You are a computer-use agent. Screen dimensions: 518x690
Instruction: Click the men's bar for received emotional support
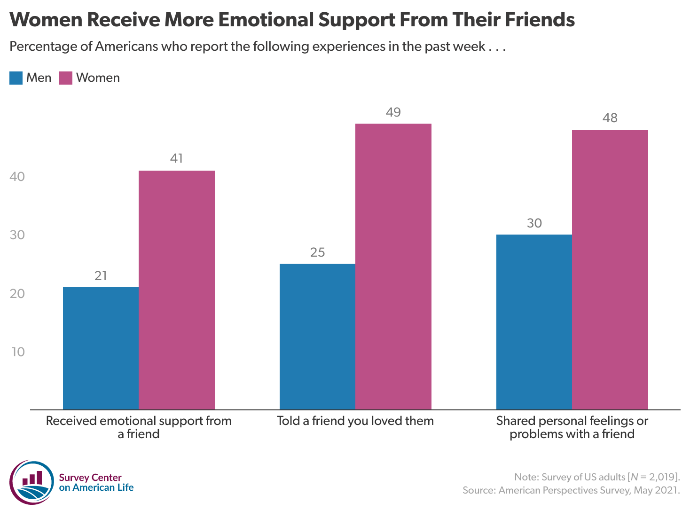click(101, 348)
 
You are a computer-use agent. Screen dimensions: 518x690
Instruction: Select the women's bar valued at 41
click(177, 290)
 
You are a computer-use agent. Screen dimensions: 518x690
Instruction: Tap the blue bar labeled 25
click(317, 336)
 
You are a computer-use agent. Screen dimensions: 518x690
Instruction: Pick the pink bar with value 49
click(393, 266)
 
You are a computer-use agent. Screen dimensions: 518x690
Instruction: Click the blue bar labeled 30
click(534, 322)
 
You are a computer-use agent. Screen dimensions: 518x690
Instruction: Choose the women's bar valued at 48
click(610, 269)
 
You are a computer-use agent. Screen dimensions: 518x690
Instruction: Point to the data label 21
click(101, 276)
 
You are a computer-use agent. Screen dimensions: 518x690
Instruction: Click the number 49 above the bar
click(393, 112)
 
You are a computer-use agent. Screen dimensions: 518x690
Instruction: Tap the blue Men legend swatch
click(16, 78)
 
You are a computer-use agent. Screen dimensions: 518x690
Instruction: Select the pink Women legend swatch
click(66, 78)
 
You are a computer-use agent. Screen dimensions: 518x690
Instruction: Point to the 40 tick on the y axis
click(17, 177)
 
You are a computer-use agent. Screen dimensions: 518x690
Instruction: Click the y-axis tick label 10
click(18, 352)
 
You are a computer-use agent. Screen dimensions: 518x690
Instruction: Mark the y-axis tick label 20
click(17, 294)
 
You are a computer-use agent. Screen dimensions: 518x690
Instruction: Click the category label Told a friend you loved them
click(355, 421)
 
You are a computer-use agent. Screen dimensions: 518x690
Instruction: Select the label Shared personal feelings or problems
click(572, 427)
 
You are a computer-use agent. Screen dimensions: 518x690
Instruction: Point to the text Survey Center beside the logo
click(90, 478)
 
